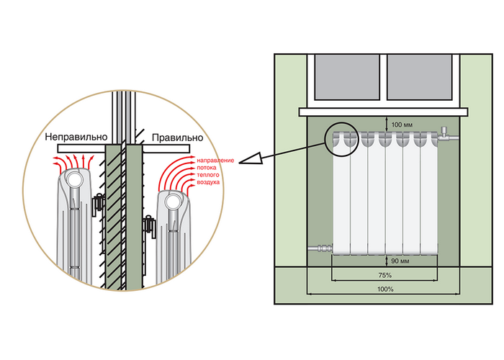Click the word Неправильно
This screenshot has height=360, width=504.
click(76, 137)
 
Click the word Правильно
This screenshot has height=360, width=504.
click(177, 138)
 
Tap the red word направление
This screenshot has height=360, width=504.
click(215, 161)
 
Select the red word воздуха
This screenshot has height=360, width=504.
click(208, 182)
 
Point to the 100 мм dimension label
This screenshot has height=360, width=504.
click(402, 125)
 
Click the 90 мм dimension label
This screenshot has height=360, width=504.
click(400, 261)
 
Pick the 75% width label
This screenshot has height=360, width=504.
click(384, 276)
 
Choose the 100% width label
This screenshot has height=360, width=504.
click(385, 289)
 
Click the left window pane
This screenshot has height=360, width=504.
click(347, 77)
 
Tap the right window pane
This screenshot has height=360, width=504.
click(420, 77)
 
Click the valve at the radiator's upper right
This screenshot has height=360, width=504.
click(447, 135)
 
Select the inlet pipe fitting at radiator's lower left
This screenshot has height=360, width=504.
click(320, 248)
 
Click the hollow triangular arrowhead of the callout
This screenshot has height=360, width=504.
click(251, 158)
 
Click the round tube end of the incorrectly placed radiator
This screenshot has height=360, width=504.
click(76, 179)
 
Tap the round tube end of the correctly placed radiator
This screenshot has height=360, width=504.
click(172, 202)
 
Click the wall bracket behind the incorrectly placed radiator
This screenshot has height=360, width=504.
click(99, 204)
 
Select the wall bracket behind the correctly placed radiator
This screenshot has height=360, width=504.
click(150, 226)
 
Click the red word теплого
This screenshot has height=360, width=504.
click(208, 175)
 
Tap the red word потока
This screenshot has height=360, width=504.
click(207, 168)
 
